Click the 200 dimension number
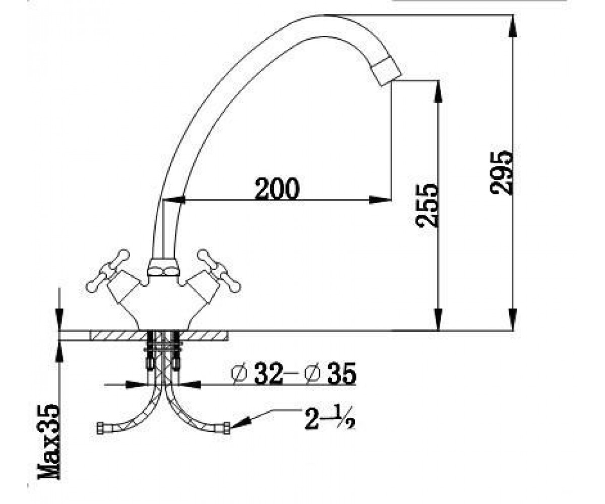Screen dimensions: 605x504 click(x=277, y=188)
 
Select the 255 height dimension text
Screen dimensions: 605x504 click(x=427, y=205)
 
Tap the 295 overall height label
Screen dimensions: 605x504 click(x=501, y=173)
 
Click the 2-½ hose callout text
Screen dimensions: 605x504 click(x=330, y=418)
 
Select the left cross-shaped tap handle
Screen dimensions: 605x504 click(x=108, y=270)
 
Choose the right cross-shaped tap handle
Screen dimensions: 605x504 click(x=219, y=271)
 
